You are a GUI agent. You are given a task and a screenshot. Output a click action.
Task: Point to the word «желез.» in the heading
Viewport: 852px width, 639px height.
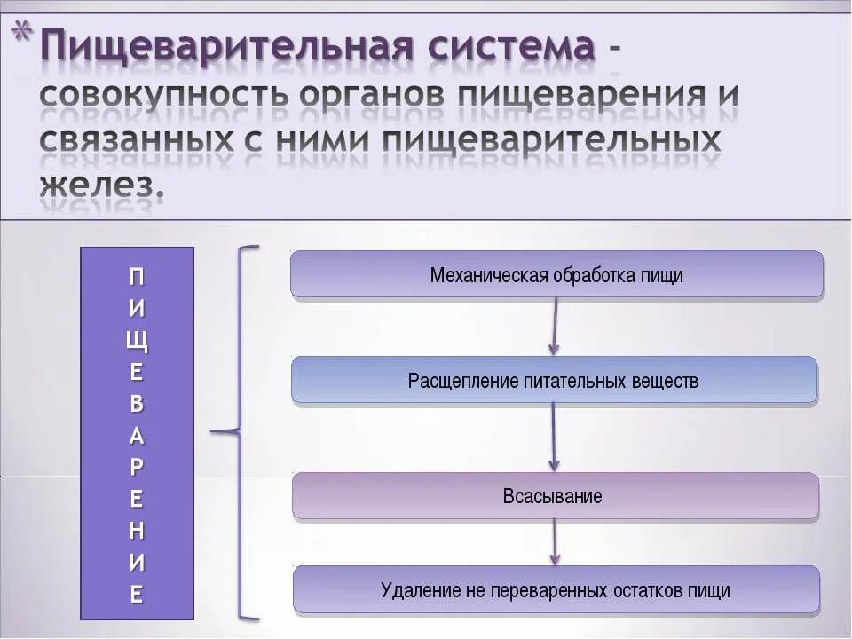coord(102,185)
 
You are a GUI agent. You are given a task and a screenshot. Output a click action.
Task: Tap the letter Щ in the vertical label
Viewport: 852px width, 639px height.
coord(137,340)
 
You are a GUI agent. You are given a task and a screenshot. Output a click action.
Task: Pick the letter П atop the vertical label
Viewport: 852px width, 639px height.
coord(137,276)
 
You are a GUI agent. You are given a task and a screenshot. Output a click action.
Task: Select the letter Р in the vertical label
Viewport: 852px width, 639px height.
coord(137,467)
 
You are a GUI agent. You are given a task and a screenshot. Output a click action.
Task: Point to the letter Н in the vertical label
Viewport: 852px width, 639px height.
coord(137,531)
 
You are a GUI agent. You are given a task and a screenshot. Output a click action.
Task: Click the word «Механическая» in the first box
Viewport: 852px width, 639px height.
coord(489,275)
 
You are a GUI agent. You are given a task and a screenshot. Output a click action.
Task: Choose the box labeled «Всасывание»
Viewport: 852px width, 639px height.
coord(555,496)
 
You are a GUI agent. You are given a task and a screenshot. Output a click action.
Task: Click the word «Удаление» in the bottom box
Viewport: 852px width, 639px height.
coord(416,590)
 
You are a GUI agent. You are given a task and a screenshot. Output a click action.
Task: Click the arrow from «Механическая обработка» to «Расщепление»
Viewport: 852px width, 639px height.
coord(555,326)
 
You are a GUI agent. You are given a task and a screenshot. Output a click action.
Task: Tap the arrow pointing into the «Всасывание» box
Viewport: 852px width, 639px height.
coord(554,437)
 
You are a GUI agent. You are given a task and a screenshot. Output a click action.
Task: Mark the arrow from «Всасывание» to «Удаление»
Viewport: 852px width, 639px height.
coord(555,540)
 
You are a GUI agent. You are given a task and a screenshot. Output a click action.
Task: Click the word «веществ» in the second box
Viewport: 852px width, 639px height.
coord(666,381)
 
